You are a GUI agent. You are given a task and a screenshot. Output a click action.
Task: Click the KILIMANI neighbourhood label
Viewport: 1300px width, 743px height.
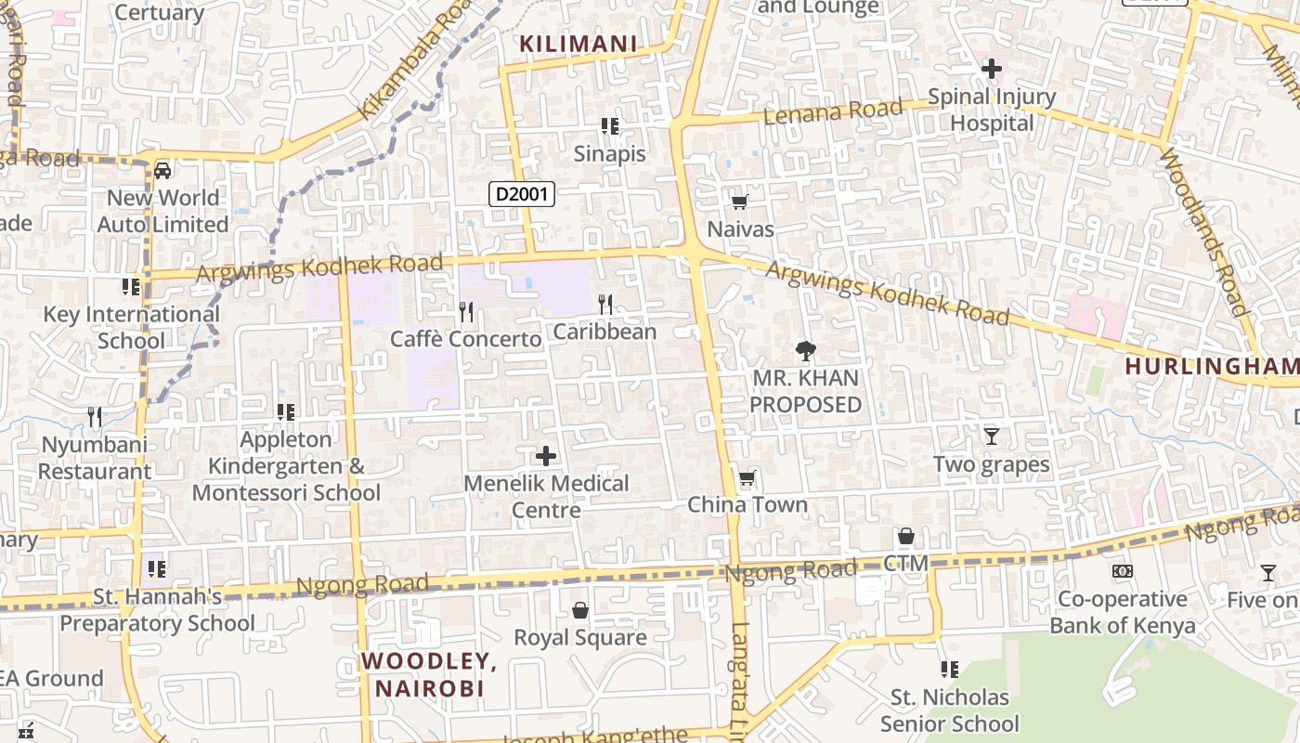tap(578, 44)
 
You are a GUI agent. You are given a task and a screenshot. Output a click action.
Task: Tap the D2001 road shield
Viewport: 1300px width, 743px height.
tap(522, 194)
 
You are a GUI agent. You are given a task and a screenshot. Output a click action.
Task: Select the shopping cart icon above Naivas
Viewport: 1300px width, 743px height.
tap(740, 202)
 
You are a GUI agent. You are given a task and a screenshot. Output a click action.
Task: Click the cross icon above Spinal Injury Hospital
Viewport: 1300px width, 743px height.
tap(992, 69)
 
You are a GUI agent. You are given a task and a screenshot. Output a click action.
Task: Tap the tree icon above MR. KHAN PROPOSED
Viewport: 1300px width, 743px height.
tap(805, 351)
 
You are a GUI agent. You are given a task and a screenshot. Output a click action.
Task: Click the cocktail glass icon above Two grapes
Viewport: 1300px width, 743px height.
tap(991, 436)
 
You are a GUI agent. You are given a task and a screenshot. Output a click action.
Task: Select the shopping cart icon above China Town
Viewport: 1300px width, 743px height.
tap(747, 478)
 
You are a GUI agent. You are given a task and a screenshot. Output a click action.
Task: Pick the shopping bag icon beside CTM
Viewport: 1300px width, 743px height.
tap(905, 537)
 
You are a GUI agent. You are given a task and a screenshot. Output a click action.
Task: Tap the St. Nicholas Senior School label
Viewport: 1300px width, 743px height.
tap(949, 710)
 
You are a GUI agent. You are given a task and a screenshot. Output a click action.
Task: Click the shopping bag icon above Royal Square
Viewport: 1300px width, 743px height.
tap(580, 610)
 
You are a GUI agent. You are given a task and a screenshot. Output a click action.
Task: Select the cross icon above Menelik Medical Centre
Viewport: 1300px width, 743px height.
tap(546, 456)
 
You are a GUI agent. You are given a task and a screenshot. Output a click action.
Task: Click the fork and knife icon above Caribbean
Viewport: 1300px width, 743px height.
tap(605, 304)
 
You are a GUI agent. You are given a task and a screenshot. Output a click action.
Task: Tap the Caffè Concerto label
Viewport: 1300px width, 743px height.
tap(465, 339)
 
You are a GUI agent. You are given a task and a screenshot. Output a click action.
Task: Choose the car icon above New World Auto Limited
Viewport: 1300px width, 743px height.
tap(162, 170)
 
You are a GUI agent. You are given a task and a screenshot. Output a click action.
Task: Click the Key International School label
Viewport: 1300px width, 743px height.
tap(131, 327)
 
